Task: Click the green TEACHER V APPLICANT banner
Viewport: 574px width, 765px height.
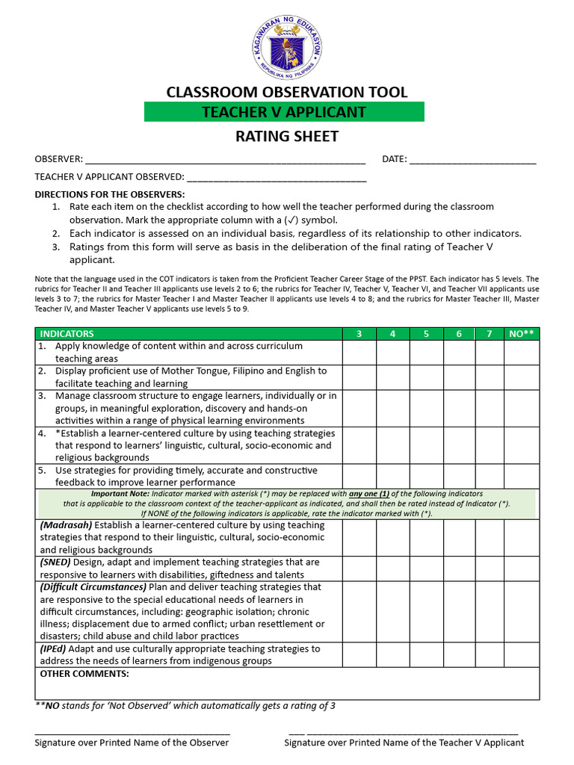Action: click(284, 112)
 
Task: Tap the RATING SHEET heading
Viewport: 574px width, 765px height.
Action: click(287, 136)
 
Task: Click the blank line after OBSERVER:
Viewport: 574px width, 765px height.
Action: click(225, 161)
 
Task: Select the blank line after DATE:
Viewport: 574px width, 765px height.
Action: click(472, 161)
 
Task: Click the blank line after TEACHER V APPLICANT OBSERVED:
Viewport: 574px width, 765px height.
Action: click(277, 179)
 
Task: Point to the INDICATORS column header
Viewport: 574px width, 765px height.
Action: click(67, 334)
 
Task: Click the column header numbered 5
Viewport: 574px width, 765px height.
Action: click(426, 334)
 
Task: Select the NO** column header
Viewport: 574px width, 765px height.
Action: click(521, 334)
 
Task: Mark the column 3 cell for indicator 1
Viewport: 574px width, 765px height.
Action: click(359, 353)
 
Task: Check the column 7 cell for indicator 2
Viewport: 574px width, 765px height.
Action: click(489, 377)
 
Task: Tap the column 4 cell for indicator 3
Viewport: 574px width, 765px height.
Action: click(392, 408)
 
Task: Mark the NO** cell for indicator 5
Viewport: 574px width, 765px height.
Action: click(521, 477)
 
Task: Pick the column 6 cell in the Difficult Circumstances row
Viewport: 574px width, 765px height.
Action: click(459, 612)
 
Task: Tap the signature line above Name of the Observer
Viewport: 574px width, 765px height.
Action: click(132, 734)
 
